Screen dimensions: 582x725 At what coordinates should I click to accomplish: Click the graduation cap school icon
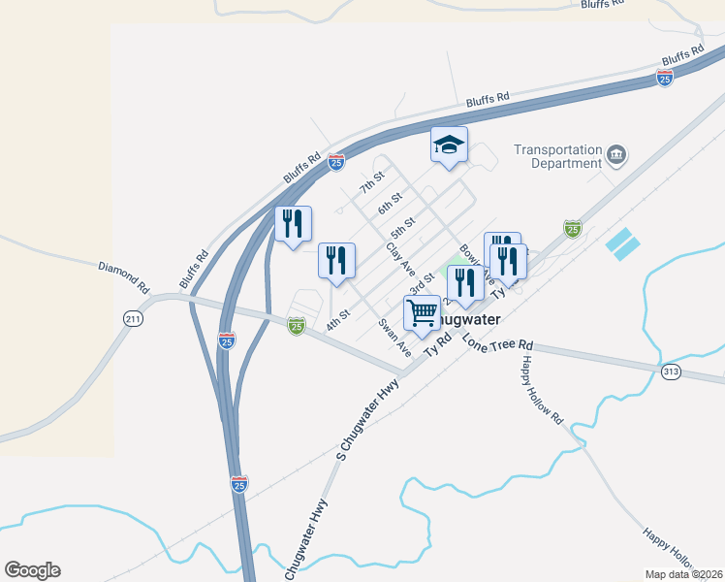449,145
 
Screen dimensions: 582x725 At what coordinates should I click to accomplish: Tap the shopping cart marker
422,313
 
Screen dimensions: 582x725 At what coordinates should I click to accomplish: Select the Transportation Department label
557,156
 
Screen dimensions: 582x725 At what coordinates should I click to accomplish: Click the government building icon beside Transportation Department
616,155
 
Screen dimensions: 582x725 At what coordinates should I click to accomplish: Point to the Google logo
32,570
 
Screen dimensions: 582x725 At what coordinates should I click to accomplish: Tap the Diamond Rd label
123,276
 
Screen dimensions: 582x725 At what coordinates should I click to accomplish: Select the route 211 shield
133,318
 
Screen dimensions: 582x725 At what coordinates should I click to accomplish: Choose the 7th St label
372,181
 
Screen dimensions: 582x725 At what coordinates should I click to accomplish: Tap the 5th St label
402,229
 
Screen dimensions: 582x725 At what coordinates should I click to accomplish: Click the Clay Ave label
399,259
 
